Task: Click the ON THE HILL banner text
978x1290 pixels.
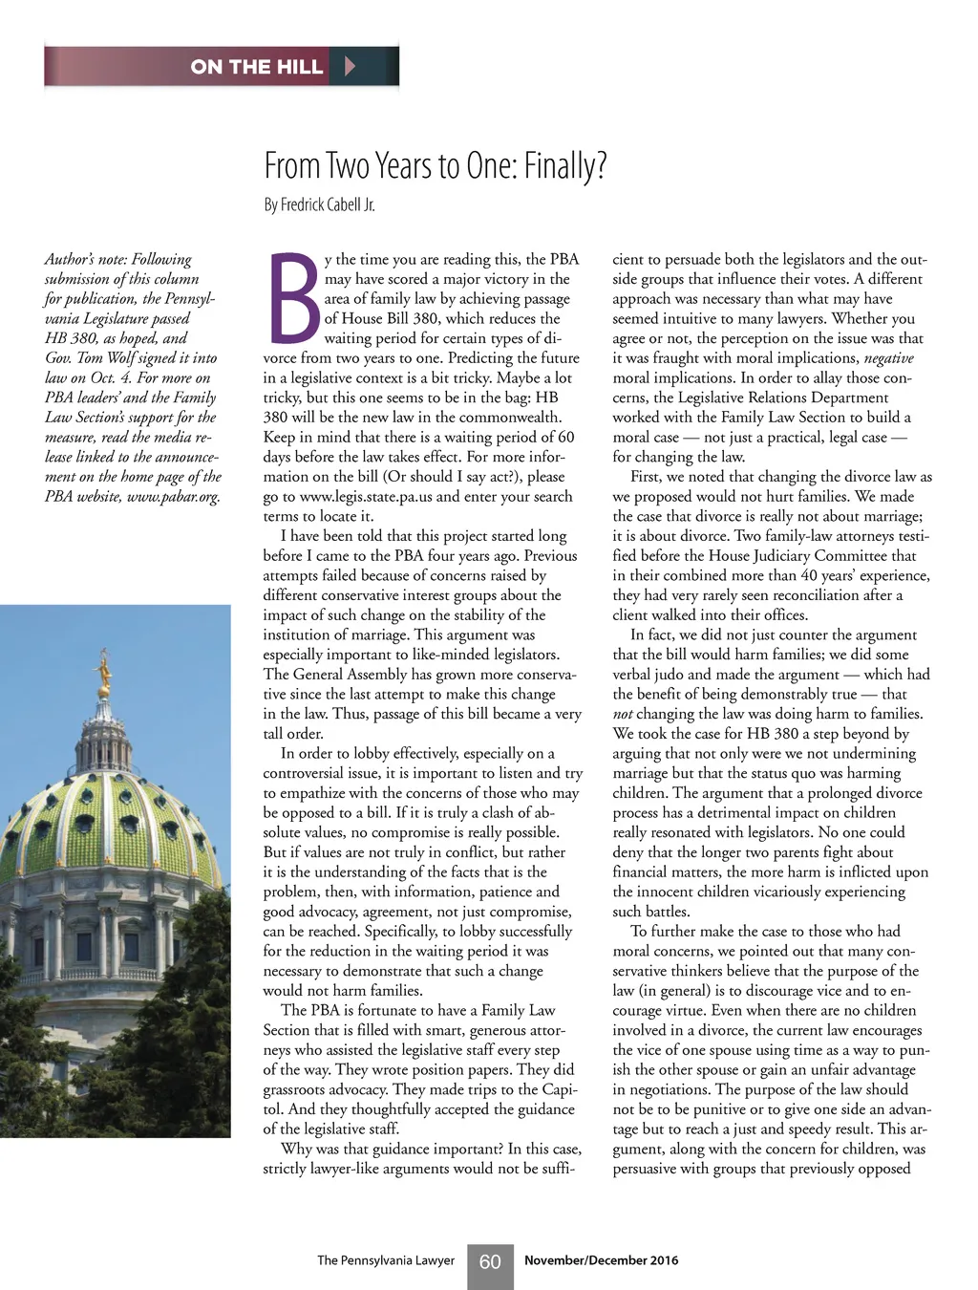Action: click(256, 66)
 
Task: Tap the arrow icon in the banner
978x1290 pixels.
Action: click(350, 66)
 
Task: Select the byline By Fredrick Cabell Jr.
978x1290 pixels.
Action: click(319, 204)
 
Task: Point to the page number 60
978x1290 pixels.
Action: click(490, 1261)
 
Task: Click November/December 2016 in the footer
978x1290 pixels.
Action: click(601, 1260)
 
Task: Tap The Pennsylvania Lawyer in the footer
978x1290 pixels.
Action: click(386, 1260)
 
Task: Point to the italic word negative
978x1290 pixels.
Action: click(888, 358)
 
